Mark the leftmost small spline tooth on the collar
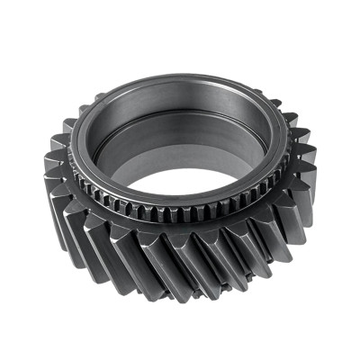pos(79,171)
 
